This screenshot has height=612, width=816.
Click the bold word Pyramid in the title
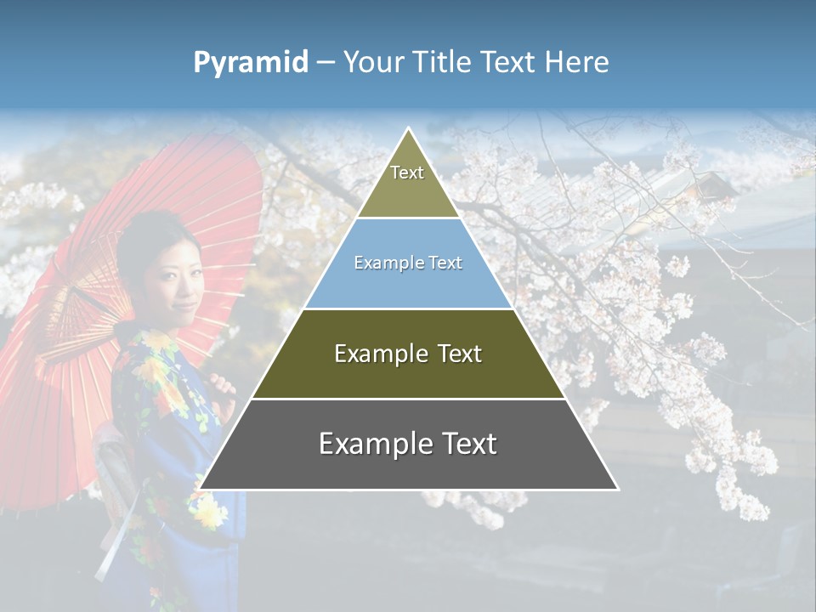tap(251, 63)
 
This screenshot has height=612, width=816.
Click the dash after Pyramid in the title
tap(325, 63)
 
